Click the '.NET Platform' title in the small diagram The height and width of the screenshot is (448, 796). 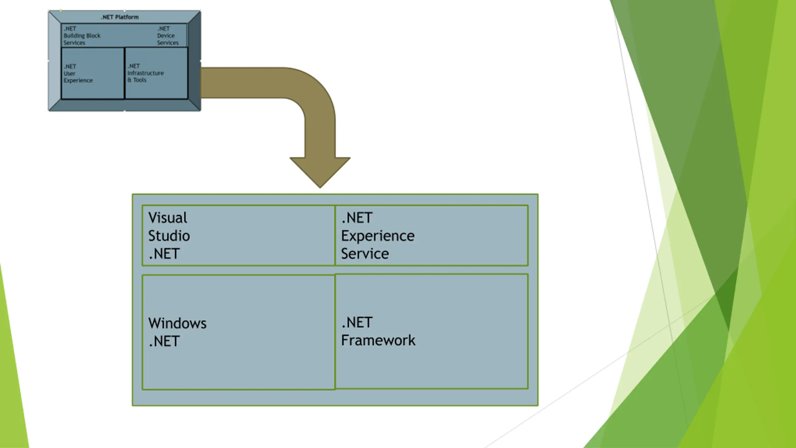(x=120, y=17)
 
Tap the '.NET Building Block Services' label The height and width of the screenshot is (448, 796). (x=82, y=36)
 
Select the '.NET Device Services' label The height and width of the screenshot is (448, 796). (x=168, y=36)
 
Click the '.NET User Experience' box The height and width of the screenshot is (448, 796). (x=93, y=73)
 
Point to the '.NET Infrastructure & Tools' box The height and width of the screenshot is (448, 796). (x=156, y=73)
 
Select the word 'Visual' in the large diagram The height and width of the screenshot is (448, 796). (x=168, y=218)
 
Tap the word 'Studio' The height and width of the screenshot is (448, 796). (x=169, y=236)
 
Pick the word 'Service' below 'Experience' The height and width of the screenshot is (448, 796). (x=365, y=254)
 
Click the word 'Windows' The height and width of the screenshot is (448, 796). (x=177, y=324)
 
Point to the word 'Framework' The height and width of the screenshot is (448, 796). (x=378, y=340)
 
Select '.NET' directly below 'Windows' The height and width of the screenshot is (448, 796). (x=164, y=342)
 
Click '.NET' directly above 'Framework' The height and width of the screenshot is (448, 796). (x=357, y=323)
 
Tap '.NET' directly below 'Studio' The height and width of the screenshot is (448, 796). (x=164, y=254)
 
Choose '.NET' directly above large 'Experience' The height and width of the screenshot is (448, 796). (x=357, y=218)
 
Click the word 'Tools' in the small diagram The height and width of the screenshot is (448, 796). (x=140, y=80)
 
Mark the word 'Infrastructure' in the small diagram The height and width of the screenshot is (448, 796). (x=146, y=73)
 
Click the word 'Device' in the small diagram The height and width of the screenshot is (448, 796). (x=166, y=36)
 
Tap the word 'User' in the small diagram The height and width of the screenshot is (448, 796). (x=69, y=74)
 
